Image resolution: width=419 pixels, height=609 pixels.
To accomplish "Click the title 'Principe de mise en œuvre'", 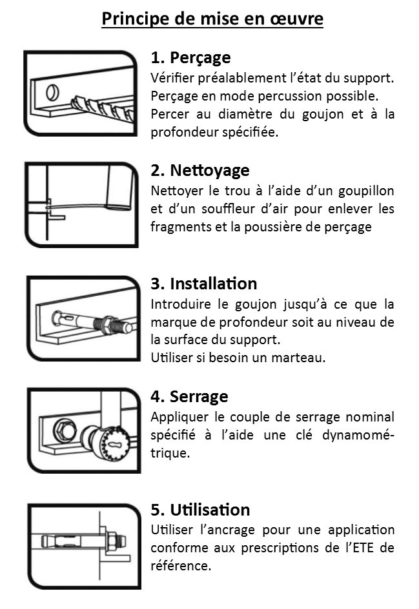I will pos(212,19).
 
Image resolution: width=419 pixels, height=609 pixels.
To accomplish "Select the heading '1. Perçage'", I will pos(190,58).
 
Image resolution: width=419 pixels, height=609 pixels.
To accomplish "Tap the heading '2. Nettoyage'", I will pos(200,171).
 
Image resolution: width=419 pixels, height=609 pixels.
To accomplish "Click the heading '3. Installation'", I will pos(204,284).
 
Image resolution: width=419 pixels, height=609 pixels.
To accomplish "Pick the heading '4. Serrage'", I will pos(189,396).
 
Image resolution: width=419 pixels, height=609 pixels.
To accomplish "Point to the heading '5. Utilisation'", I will pos(200,510).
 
